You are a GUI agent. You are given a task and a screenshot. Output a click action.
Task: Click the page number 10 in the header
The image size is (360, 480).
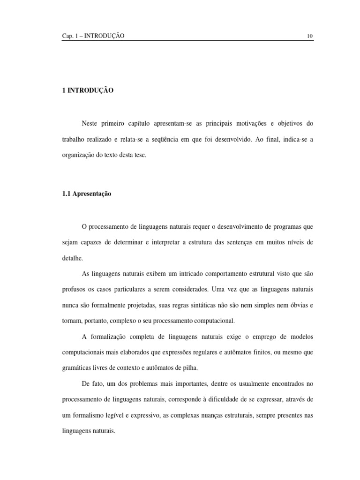(x=310, y=36)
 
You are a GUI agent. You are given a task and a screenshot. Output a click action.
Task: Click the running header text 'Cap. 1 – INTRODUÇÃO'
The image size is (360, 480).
(x=93, y=36)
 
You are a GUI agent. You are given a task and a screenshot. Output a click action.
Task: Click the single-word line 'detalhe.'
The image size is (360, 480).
(x=72, y=258)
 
